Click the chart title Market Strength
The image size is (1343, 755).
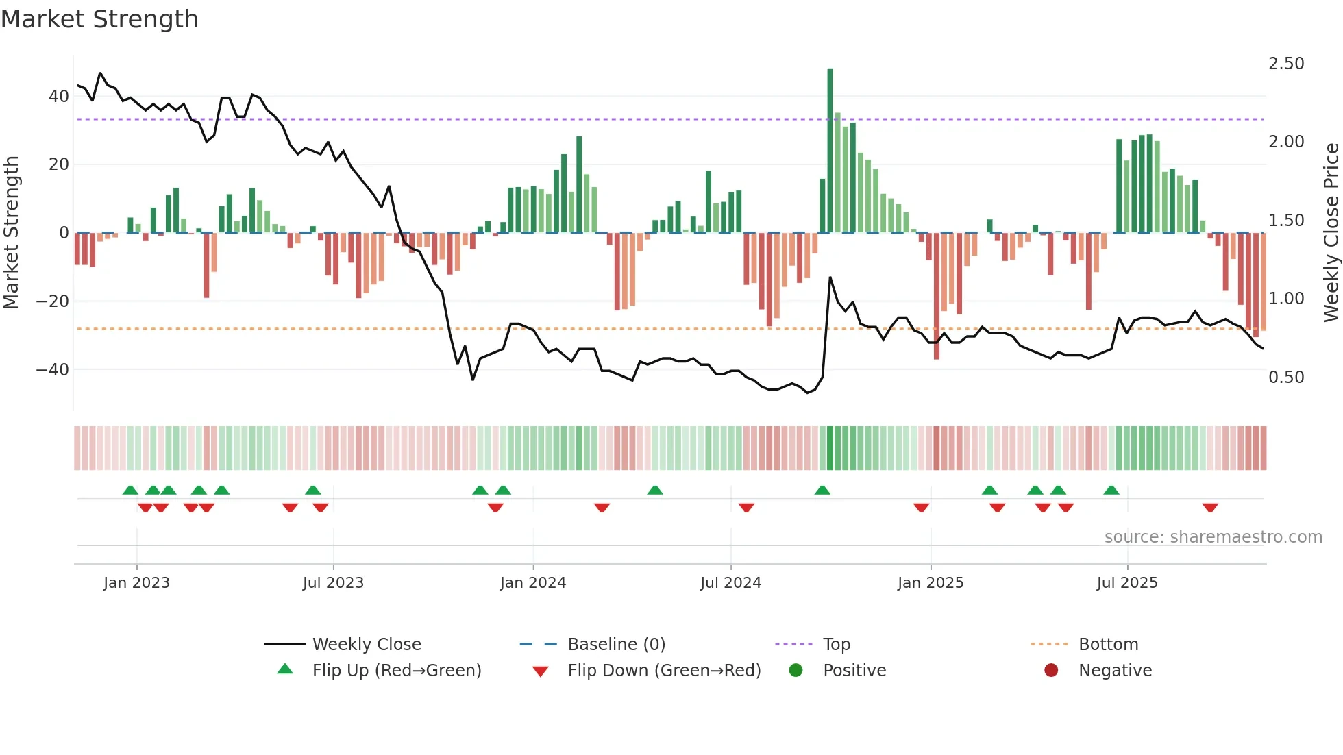tap(99, 19)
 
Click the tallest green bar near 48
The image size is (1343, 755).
tap(830, 151)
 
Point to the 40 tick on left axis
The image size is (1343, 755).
tap(59, 97)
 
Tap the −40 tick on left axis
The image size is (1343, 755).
tap(53, 370)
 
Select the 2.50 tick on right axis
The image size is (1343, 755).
tap(1286, 64)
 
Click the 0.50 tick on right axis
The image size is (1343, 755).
tap(1286, 377)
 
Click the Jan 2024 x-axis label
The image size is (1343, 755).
tap(533, 583)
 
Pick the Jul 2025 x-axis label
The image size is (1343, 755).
tap(1127, 583)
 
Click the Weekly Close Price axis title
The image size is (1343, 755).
tap(1331, 233)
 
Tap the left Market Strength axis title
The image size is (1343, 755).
tap(12, 233)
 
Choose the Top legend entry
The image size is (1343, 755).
tap(836, 645)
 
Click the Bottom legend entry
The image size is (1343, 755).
tap(1108, 645)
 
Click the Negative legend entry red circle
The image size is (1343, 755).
tap(1051, 671)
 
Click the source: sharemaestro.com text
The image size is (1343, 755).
tap(1213, 537)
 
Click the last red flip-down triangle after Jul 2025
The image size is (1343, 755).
tap(1210, 508)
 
